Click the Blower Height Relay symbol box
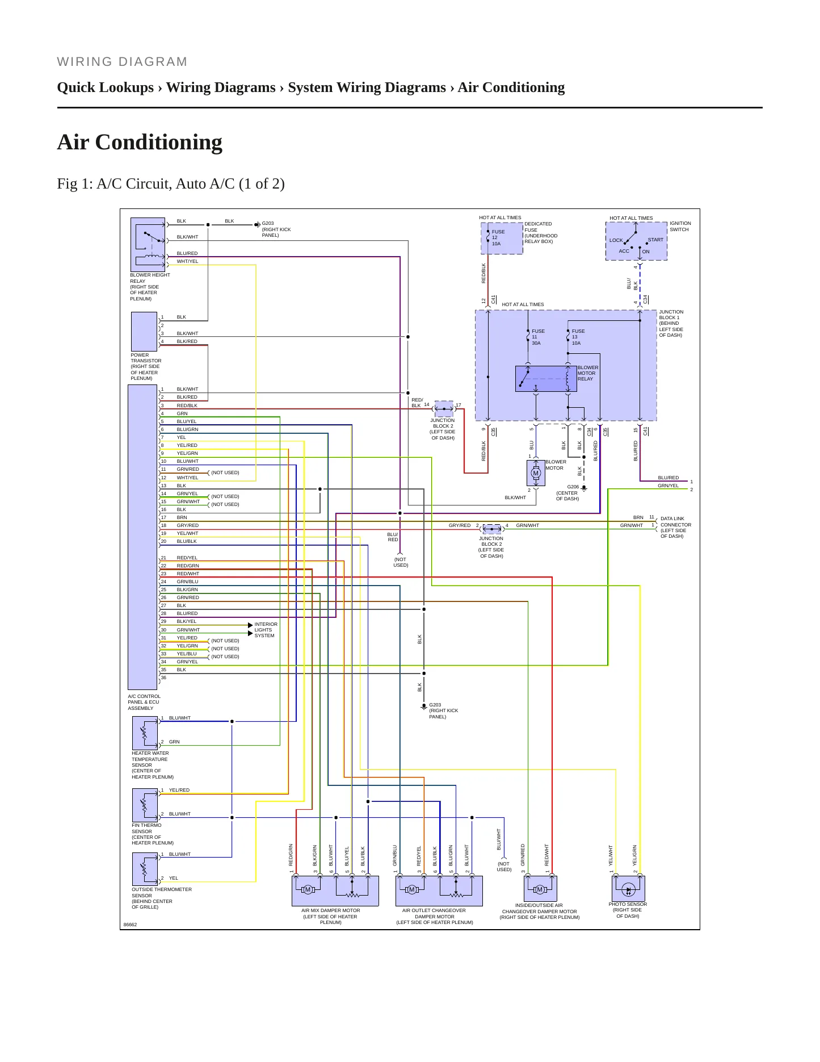tap(148, 244)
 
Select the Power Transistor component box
tap(144, 332)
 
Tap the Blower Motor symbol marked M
tap(536, 473)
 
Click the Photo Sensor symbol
tap(628, 888)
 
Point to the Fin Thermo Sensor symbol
tap(145, 805)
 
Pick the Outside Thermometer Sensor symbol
tap(145, 869)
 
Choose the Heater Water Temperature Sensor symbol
tap(145, 733)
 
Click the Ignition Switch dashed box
tap(636, 241)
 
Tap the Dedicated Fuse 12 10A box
tap(502, 239)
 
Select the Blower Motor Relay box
tap(546, 379)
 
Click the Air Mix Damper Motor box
tap(335, 890)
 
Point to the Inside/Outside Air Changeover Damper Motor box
tap(540, 888)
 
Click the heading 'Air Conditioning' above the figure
tap(140, 142)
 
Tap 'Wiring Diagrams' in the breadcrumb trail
tap(221, 87)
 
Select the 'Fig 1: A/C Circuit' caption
tap(170, 183)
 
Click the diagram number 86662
tap(130, 925)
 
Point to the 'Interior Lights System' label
tap(266, 630)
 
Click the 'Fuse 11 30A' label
tap(538, 337)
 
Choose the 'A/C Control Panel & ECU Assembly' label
tap(144, 703)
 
